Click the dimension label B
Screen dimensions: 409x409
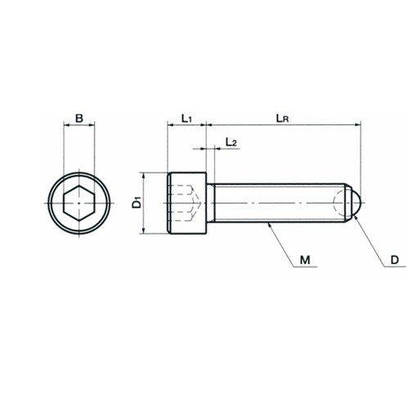79,119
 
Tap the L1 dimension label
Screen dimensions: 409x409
187,119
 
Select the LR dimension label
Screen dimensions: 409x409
282,119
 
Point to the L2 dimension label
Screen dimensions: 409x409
231,142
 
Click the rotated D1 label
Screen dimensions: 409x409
137,202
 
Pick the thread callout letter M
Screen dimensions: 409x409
305,260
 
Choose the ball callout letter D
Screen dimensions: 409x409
394,260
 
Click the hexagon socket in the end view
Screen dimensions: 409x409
79,203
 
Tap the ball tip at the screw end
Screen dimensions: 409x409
356,203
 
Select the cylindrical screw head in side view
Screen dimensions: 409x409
187,203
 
